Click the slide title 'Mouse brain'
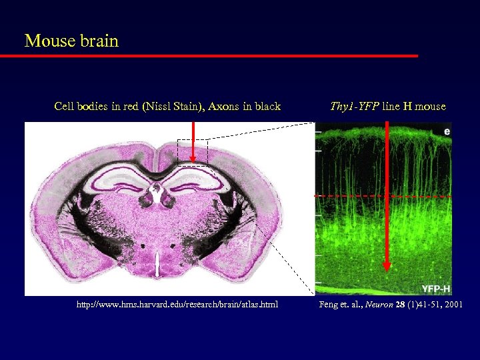(71, 41)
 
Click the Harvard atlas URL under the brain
(177, 305)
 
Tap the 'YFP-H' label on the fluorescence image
(435, 289)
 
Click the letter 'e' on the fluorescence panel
(447, 131)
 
